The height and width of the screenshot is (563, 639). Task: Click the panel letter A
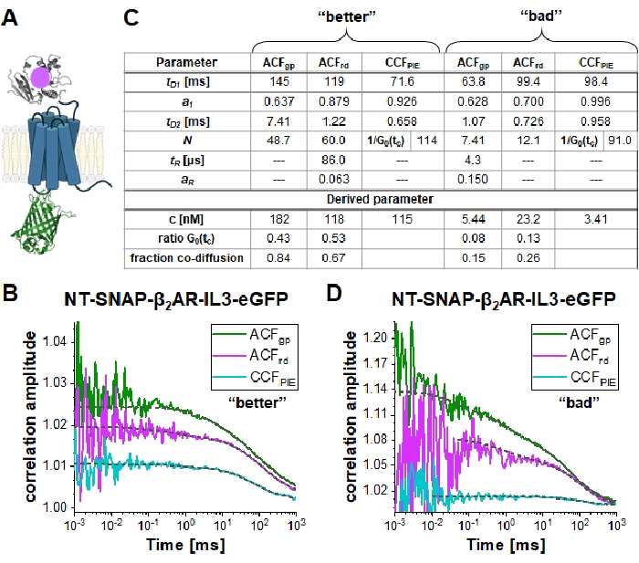(12, 16)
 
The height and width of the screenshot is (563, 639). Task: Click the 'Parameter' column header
(185, 63)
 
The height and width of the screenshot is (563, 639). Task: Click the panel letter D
(331, 298)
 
